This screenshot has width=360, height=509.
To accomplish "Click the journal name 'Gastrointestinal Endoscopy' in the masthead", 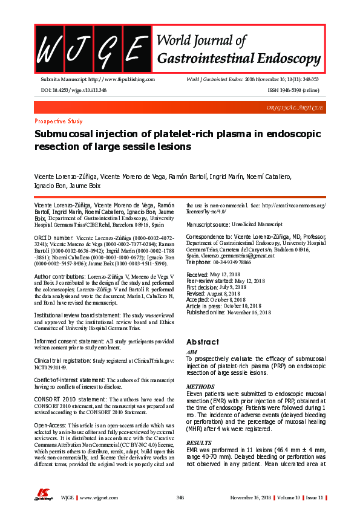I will tap(238, 58).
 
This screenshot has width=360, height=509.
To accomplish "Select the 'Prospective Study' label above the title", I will tap(59, 121).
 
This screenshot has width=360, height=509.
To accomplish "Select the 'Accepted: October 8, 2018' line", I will tap(216, 299).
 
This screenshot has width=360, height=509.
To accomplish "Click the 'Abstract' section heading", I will tap(202, 342).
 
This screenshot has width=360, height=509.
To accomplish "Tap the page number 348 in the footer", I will tap(180, 498).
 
